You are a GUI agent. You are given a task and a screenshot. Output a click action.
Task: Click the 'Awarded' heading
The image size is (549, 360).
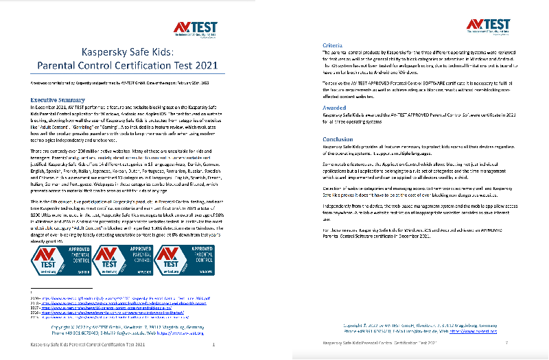pyautogui.click(x=334, y=108)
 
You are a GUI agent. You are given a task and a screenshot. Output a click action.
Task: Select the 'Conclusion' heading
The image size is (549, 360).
pyautogui.click(x=338, y=139)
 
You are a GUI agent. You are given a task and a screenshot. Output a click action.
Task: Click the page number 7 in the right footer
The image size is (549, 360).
pyautogui.click(x=506, y=341)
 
